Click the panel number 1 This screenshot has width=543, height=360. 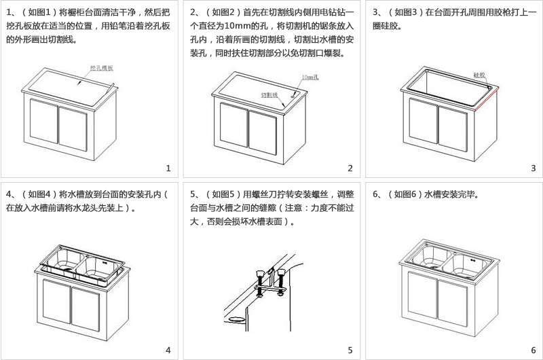(x=168, y=168)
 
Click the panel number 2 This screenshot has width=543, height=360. (x=350, y=168)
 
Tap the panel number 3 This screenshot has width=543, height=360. (x=533, y=168)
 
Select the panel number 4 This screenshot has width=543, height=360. (x=168, y=350)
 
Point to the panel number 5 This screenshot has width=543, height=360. (x=350, y=350)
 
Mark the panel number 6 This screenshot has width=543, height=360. (x=533, y=350)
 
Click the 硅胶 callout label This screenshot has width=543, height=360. (x=479, y=76)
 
